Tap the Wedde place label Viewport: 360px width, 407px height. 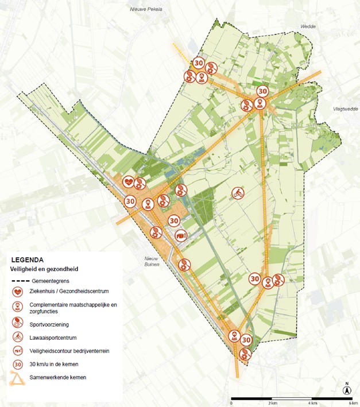(308, 26)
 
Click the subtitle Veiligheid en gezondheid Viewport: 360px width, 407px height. (44, 269)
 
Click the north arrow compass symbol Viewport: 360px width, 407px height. (347, 390)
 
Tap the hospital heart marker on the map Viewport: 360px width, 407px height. (130, 183)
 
